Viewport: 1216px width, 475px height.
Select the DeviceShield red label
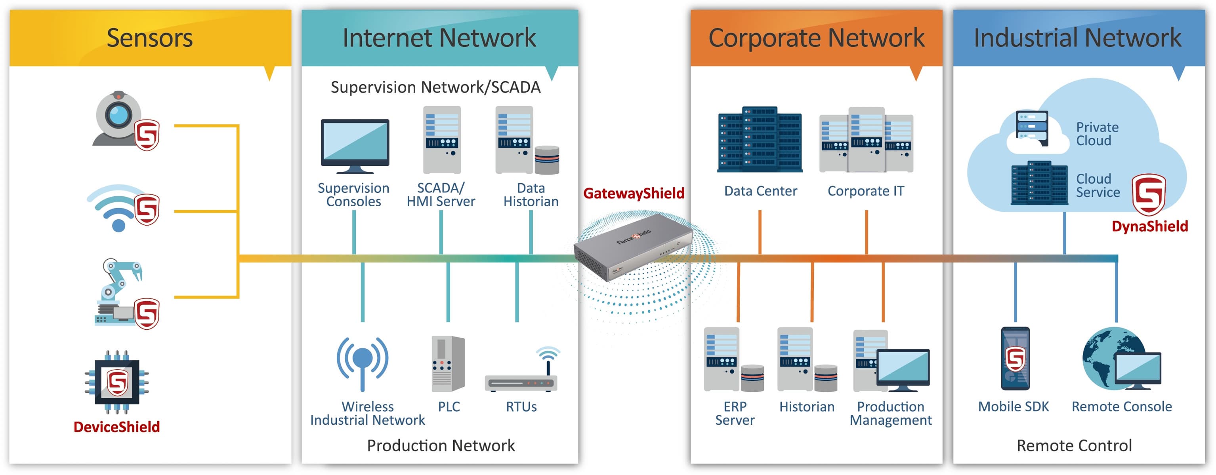coord(116,427)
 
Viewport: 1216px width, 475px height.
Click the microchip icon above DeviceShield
coord(116,382)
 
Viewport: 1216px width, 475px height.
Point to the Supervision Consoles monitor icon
coord(355,145)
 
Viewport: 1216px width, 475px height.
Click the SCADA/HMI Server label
coord(441,194)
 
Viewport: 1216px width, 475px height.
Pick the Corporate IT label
coord(865,191)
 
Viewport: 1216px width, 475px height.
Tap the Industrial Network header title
coord(1077,38)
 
